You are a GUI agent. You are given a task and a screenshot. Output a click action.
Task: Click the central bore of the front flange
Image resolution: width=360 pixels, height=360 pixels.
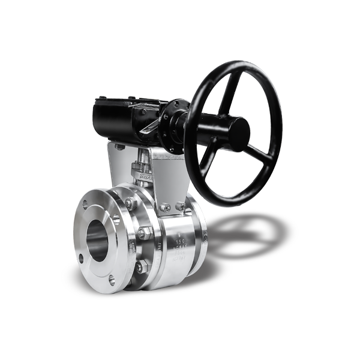click(x=98, y=237)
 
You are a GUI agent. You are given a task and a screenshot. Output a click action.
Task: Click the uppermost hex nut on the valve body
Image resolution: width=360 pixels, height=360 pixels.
click(x=130, y=203)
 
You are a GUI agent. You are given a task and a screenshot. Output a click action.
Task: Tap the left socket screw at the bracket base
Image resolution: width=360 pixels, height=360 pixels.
click(x=166, y=208)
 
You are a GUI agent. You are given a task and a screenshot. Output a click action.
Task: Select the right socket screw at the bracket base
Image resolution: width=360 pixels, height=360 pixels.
click(x=181, y=206)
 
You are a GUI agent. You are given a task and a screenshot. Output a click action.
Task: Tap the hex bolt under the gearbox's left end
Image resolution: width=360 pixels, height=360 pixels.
click(x=121, y=146)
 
